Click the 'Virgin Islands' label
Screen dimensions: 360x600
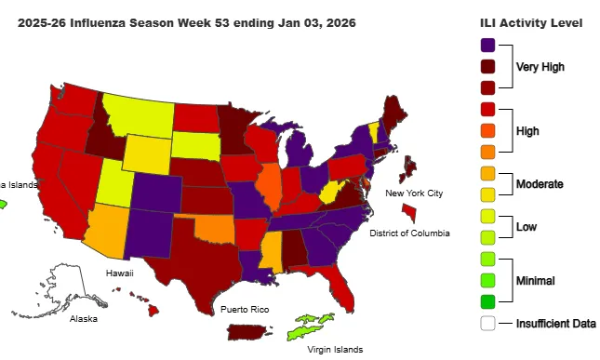[x=338, y=351]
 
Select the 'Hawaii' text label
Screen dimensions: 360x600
[x=119, y=273]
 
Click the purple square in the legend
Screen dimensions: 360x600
[x=488, y=45]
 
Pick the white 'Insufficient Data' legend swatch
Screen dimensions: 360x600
[x=488, y=323]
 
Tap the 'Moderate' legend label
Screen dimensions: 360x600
[x=540, y=184]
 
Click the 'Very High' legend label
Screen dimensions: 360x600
[x=540, y=67]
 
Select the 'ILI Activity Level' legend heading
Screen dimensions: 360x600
[x=531, y=22]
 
